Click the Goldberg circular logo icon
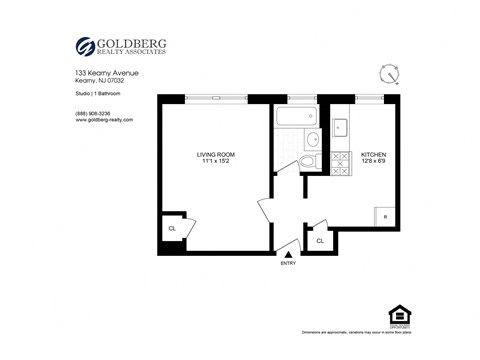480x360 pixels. (85, 46)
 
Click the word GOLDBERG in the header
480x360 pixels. (133, 42)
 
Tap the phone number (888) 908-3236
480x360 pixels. (93, 113)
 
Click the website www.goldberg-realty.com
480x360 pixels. (103, 121)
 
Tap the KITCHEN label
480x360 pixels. (372, 153)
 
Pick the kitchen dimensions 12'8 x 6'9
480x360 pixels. (372, 161)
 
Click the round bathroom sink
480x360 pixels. (312, 139)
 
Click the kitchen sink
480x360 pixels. (339, 128)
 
